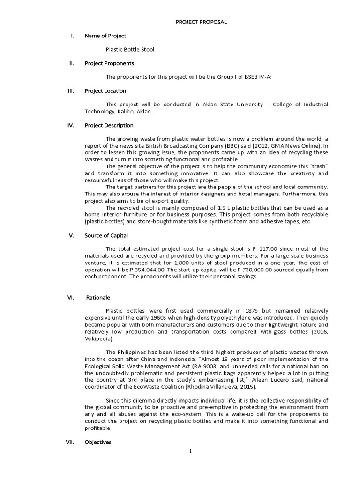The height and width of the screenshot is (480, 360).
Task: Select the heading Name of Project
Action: pos(105,36)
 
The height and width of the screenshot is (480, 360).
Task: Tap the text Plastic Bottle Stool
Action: pos(130,49)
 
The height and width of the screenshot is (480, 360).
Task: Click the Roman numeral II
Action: pos(71,63)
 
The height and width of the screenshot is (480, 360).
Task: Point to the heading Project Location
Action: pos(105,90)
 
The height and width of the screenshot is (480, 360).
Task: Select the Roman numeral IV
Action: pos(71,125)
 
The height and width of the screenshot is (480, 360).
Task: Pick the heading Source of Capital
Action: pos(106,235)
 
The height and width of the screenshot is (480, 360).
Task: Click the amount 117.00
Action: pos(268,249)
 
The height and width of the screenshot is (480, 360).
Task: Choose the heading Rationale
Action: pos(99,297)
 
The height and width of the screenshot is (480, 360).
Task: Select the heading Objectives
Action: pos(98,442)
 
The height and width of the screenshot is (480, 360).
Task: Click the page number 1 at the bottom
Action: pos(191,451)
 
